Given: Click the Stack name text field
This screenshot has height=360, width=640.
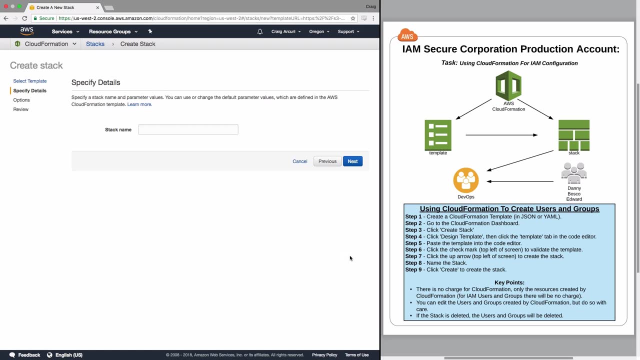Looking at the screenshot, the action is [x=188, y=129].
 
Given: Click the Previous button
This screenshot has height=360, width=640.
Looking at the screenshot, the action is [x=327, y=161].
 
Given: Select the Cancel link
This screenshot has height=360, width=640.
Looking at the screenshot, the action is [x=300, y=161].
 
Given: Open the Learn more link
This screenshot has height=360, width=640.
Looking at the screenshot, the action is [x=139, y=104].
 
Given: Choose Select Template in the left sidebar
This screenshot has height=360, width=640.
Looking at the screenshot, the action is [x=30, y=81].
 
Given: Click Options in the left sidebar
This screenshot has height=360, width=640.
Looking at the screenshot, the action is [x=21, y=100].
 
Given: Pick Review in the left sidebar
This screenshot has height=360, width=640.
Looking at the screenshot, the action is [x=21, y=109].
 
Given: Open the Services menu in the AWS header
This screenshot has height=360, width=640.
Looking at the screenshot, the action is [x=65, y=31].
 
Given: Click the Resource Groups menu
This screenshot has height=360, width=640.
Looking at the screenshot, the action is [x=113, y=31].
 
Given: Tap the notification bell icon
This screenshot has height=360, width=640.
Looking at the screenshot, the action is [x=260, y=31].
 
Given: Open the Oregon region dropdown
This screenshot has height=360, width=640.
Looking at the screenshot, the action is [x=319, y=31].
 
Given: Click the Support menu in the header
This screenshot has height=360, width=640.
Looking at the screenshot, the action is [x=348, y=31].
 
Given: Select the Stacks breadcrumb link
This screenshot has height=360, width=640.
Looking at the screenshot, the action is [x=95, y=44].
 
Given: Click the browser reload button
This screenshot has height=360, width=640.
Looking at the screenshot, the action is [x=24, y=18].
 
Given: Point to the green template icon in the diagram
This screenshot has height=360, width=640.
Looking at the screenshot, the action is [x=438, y=135].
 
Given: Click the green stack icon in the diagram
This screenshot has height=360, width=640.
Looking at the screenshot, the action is [x=574, y=135].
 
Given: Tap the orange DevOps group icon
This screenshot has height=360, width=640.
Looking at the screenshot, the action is [x=466, y=180].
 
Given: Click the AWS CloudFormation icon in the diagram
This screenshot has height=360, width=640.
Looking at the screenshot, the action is [x=508, y=86].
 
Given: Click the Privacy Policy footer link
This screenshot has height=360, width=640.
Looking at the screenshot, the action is [x=324, y=355].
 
